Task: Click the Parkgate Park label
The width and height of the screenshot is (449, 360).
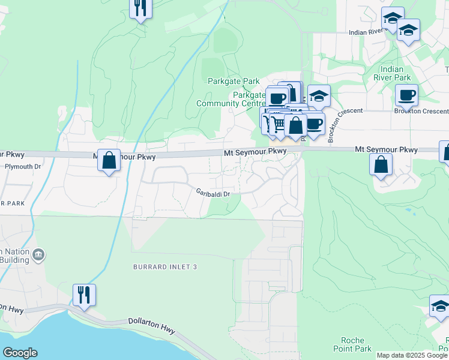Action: (234, 81)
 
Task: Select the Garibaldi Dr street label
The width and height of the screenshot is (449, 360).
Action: (212, 193)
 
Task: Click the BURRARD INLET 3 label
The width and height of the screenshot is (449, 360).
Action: (165, 266)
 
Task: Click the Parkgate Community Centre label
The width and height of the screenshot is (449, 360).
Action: (231, 99)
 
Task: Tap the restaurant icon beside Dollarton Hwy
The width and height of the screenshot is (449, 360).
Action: (84, 295)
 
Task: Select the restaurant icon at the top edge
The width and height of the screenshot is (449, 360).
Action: (140, 8)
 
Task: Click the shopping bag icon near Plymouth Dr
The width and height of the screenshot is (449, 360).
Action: (109, 160)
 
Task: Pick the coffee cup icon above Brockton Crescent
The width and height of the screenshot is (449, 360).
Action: (406, 95)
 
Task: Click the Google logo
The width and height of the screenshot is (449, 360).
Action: (20, 353)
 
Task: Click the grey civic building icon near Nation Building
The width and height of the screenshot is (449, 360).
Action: (38, 256)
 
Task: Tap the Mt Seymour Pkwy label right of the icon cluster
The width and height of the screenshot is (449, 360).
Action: (386, 149)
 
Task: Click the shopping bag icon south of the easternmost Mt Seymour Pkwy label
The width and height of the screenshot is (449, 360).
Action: (381, 164)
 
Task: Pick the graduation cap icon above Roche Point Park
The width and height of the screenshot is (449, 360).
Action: (440, 307)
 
